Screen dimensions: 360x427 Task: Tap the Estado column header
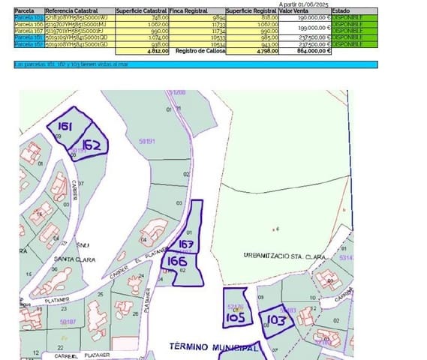tap(341, 11)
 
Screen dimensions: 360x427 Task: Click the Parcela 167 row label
tap(29, 30)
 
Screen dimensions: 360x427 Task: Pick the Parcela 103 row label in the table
tap(29, 17)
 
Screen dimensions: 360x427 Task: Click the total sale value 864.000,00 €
tap(305, 50)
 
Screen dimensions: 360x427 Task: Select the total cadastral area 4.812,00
tap(158, 50)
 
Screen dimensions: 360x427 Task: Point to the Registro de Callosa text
tap(200, 50)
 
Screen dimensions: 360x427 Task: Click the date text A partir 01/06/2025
tap(303, 4)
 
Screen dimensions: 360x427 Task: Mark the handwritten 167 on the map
tap(187, 244)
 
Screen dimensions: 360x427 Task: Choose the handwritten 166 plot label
tap(177, 260)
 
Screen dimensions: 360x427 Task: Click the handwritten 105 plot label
tap(235, 317)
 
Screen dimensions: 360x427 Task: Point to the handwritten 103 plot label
tap(276, 320)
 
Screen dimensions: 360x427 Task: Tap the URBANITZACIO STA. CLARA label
tap(284, 256)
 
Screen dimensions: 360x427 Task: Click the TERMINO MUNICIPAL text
tap(213, 346)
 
